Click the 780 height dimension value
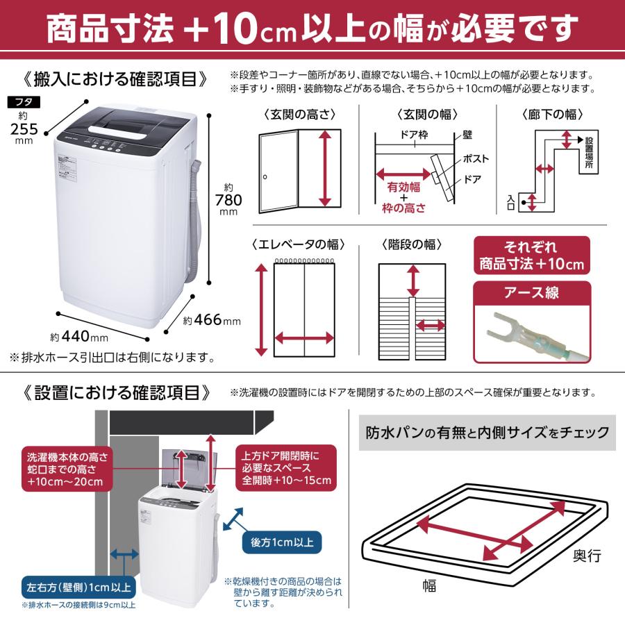tap(229, 200)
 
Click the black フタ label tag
tap(25, 102)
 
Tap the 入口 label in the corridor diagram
tap(511, 202)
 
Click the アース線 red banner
tap(533, 293)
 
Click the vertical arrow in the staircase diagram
tap(413, 281)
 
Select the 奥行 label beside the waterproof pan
tap(587, 556)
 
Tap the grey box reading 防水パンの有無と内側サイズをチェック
tap(487, 433)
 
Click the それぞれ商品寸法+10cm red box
tap(533, 256)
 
